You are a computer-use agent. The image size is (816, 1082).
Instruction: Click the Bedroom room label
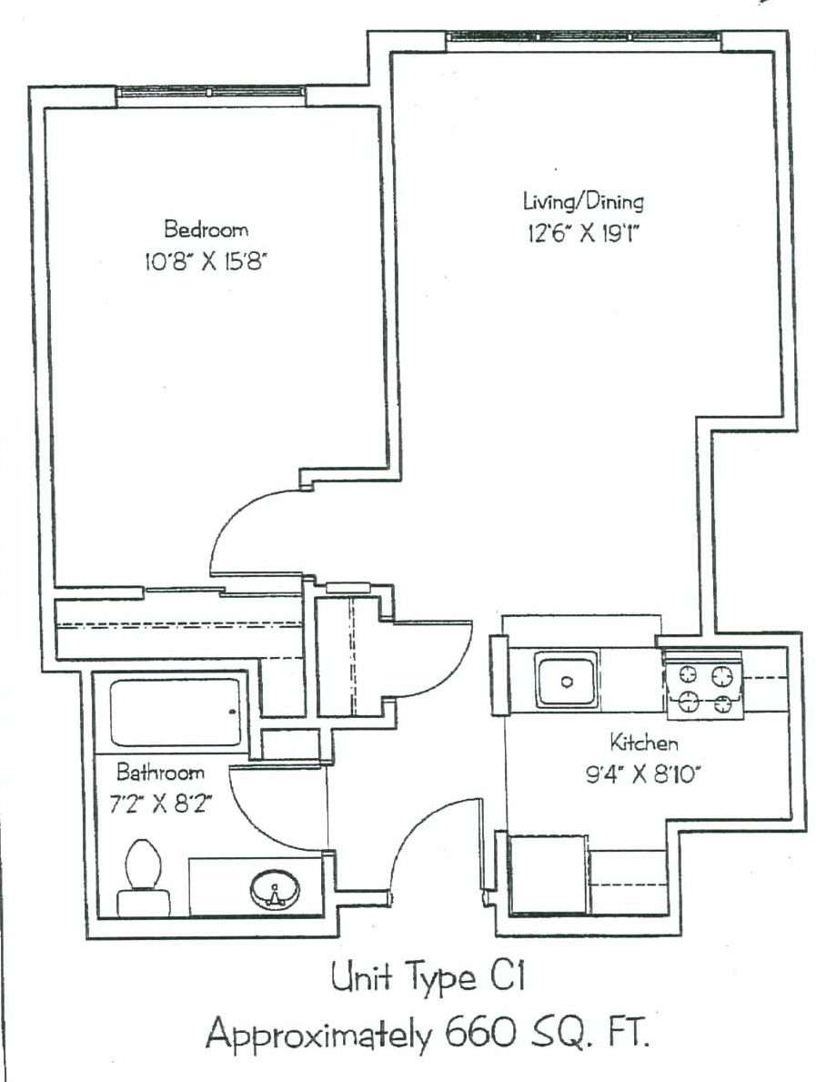point(206,228)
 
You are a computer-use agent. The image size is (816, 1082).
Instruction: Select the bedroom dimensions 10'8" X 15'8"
point(205,261)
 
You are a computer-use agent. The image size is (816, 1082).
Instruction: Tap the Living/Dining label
point(583,201)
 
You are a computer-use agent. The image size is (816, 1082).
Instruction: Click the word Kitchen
point(643,743)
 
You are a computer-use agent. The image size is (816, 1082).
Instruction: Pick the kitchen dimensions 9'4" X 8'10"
point(643,775)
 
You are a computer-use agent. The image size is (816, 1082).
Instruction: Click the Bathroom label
point(160,772)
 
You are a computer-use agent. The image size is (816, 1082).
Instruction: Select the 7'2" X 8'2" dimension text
point(160,804)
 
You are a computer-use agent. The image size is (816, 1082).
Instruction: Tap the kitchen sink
point(567,682)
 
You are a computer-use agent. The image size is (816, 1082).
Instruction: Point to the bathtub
point(176,713)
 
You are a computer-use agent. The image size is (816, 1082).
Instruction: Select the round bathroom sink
point(276,890)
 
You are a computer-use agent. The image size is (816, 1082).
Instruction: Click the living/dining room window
point(583,41)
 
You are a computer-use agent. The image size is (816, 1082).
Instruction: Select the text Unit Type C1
point(428,977)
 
